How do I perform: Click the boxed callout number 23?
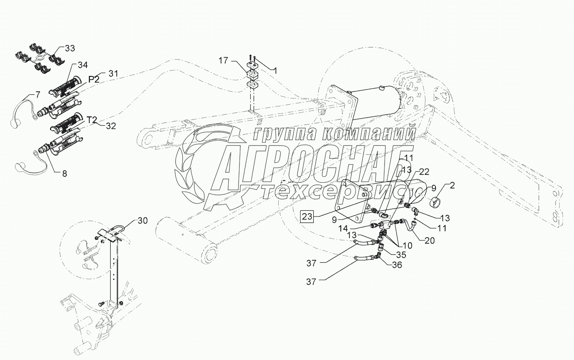[x=307, y=217]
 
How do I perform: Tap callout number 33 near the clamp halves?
[x=70, y=48]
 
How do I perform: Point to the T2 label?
[x=92, y=120]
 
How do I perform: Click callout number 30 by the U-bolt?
[x=142, y=222]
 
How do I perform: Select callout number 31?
[x=113, y=74]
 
